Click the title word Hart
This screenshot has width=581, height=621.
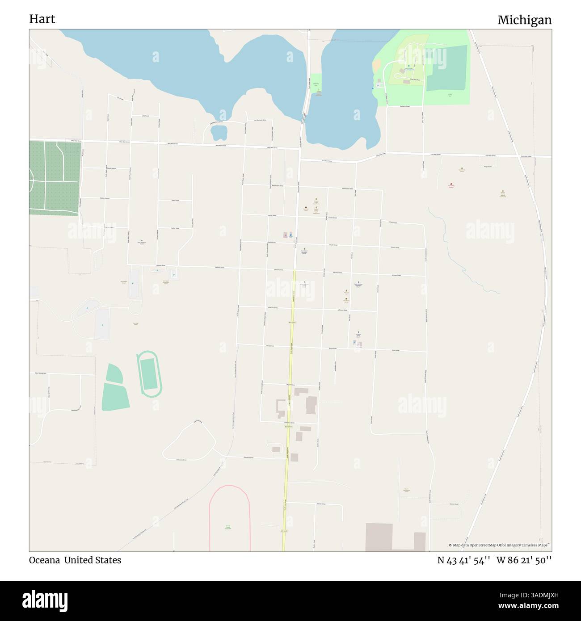click(42, 19)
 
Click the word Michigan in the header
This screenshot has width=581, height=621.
click(524, 20)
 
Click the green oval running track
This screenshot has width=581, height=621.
click(149, 373)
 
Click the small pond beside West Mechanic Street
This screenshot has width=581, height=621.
click(219, 132)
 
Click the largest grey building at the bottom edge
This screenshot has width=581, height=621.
click(379, 537)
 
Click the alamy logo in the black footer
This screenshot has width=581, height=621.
click(45, 600)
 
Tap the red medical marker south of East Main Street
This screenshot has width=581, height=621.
click(451, 184)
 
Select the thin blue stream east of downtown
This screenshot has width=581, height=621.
click(465, 264)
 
